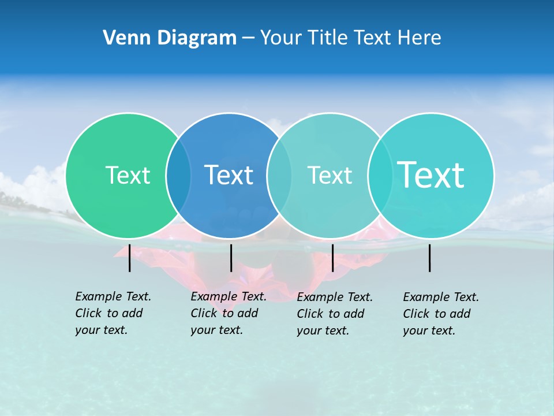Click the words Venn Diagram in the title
[x=170, y=38]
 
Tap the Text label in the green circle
[x=128, y=175]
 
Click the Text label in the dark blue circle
[x=229, y=175]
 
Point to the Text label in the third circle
[x=330, y=175]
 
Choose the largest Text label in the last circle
[x=431, y=174]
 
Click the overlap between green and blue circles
[x=178, y=175]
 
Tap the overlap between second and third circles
[x=279, y=175]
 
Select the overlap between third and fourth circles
[x=380, y=175]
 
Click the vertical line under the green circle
[x=129, y=258]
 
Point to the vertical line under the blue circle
[x=231, y=258]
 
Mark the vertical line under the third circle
[x=332, y=258]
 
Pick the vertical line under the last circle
[x=430, y=258]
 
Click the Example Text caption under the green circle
[x=113, y=313]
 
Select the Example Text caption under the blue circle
[x=228, y=313]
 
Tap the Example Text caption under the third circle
[x=334, y=314]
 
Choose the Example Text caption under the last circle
[x=440, y=314]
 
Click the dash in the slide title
[x=248, y=38]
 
